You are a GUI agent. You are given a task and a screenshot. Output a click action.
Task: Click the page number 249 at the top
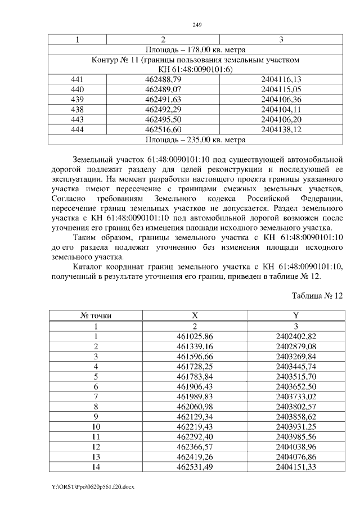point(197,25)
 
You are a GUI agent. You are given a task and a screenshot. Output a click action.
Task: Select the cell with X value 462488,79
point(163,79)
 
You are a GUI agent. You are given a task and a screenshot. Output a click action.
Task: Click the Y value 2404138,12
point(281,129)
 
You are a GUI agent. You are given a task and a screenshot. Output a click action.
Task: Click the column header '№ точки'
point(96,316)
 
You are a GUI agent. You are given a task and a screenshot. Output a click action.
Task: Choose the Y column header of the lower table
point(296,316)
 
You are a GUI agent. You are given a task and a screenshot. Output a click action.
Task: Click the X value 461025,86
point(195,336)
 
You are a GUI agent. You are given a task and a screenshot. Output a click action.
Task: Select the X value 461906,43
point(195,386)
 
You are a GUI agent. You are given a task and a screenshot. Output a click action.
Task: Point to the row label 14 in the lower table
point(96,467)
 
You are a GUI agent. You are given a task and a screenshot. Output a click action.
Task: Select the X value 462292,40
point(195,437)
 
